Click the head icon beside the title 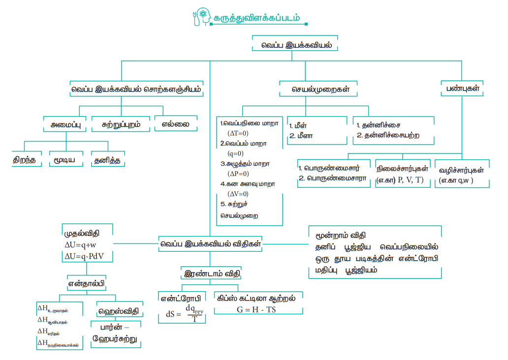(x=202, y=16)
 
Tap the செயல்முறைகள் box (x=317, y=90)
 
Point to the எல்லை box (x=176, y=124)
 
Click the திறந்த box (x=25, y=160)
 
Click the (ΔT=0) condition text (x=238, y=133)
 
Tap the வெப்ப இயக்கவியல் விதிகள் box (x=210, y=243)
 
